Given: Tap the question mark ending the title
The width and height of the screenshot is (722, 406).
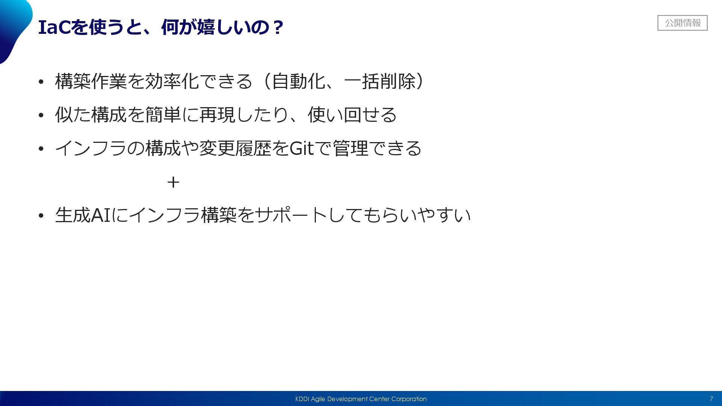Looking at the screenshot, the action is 278,27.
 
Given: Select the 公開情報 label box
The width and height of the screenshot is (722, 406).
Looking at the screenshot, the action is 682,23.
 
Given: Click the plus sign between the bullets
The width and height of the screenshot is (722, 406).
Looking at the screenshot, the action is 173,182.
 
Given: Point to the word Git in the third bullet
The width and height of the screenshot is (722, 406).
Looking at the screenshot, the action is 302,148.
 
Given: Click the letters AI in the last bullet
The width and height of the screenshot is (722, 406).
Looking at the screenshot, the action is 101,215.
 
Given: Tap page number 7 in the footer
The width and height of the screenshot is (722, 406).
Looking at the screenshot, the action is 711,399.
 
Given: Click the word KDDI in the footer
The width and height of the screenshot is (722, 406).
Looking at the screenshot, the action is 302,399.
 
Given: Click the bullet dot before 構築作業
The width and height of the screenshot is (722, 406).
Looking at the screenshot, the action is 41,82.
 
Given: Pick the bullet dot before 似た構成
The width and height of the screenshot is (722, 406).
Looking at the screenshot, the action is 41,115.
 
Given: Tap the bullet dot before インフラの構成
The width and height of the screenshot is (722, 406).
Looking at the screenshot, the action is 41,148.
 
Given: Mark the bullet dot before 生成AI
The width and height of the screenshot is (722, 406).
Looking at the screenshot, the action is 41,216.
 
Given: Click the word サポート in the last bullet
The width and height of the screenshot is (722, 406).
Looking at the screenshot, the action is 291,215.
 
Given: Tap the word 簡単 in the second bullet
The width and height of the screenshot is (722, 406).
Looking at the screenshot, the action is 163,115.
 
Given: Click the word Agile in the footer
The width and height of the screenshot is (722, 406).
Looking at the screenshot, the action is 318,399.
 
